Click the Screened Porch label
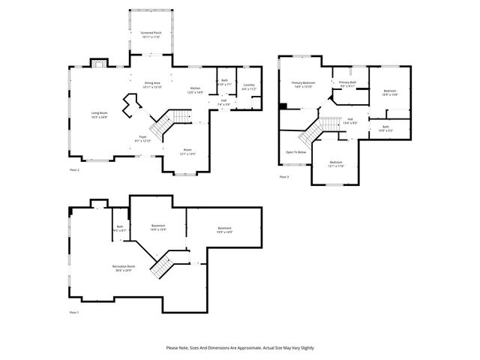[152, 34]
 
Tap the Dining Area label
[152, 85]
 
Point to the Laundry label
[249, 86]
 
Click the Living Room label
[100, 115]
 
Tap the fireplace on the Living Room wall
[98, 64]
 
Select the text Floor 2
[74, 170]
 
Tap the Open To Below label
[295, 152]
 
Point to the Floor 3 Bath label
[385, 128]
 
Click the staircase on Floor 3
[316, 131]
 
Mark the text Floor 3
[283, 176]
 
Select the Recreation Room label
[123, 268]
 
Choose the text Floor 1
[73, 311]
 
